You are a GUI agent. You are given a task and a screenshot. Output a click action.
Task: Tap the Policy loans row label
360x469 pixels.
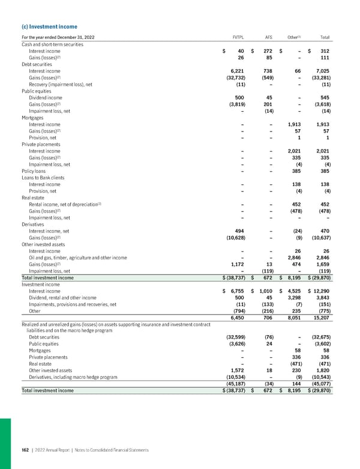click(35, 171)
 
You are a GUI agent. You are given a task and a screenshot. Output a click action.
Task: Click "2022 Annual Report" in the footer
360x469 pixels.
click(55, 450)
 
